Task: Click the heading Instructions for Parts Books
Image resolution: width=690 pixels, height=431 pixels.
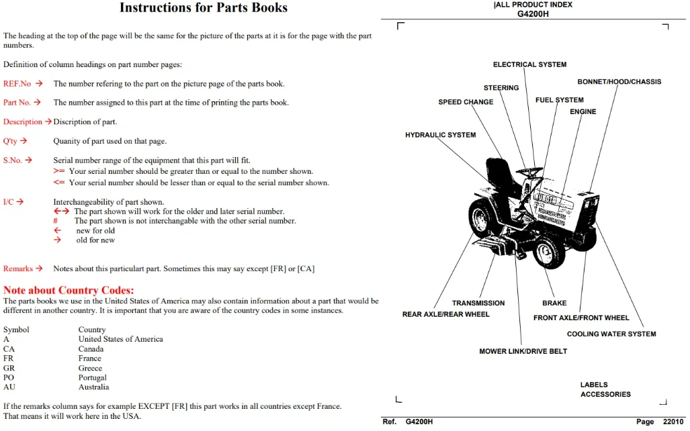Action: (x=204, y=7)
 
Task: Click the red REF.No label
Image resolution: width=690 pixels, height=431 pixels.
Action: (x=17, y=83)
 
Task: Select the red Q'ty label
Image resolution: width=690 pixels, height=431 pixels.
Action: (x=10, y=141)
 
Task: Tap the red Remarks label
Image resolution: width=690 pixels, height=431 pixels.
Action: (x=18, y=269)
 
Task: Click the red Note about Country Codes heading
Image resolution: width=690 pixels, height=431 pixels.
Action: (x=69, y=290)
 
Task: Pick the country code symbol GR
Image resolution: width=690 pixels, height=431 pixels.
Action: (x=9, y=368)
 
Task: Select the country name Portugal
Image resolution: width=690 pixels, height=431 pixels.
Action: (x=93, y=378)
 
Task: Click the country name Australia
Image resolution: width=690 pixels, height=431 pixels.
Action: (x=94, y=387)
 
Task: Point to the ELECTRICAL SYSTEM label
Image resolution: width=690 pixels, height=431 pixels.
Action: (x=530, y=64)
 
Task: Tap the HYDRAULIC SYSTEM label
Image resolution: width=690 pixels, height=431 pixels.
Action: (x=441, y=135)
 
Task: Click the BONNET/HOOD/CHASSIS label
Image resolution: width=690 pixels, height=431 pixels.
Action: (x=619, y=82)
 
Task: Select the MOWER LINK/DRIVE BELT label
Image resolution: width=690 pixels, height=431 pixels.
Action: (x=523, y=351)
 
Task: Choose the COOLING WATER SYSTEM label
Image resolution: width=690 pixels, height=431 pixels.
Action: (x=611, y=334)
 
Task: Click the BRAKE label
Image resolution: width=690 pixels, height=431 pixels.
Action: (x=554, y=303)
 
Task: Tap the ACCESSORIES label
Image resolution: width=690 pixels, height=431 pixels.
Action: (x=605, y=395)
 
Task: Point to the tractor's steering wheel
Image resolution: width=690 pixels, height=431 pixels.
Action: (x=529, y=171)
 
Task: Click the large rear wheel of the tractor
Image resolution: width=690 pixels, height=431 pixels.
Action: (x=483, y=218)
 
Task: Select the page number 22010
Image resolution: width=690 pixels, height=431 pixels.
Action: (x=673, y=422)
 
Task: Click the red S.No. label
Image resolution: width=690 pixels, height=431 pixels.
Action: (x=12, y=160)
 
